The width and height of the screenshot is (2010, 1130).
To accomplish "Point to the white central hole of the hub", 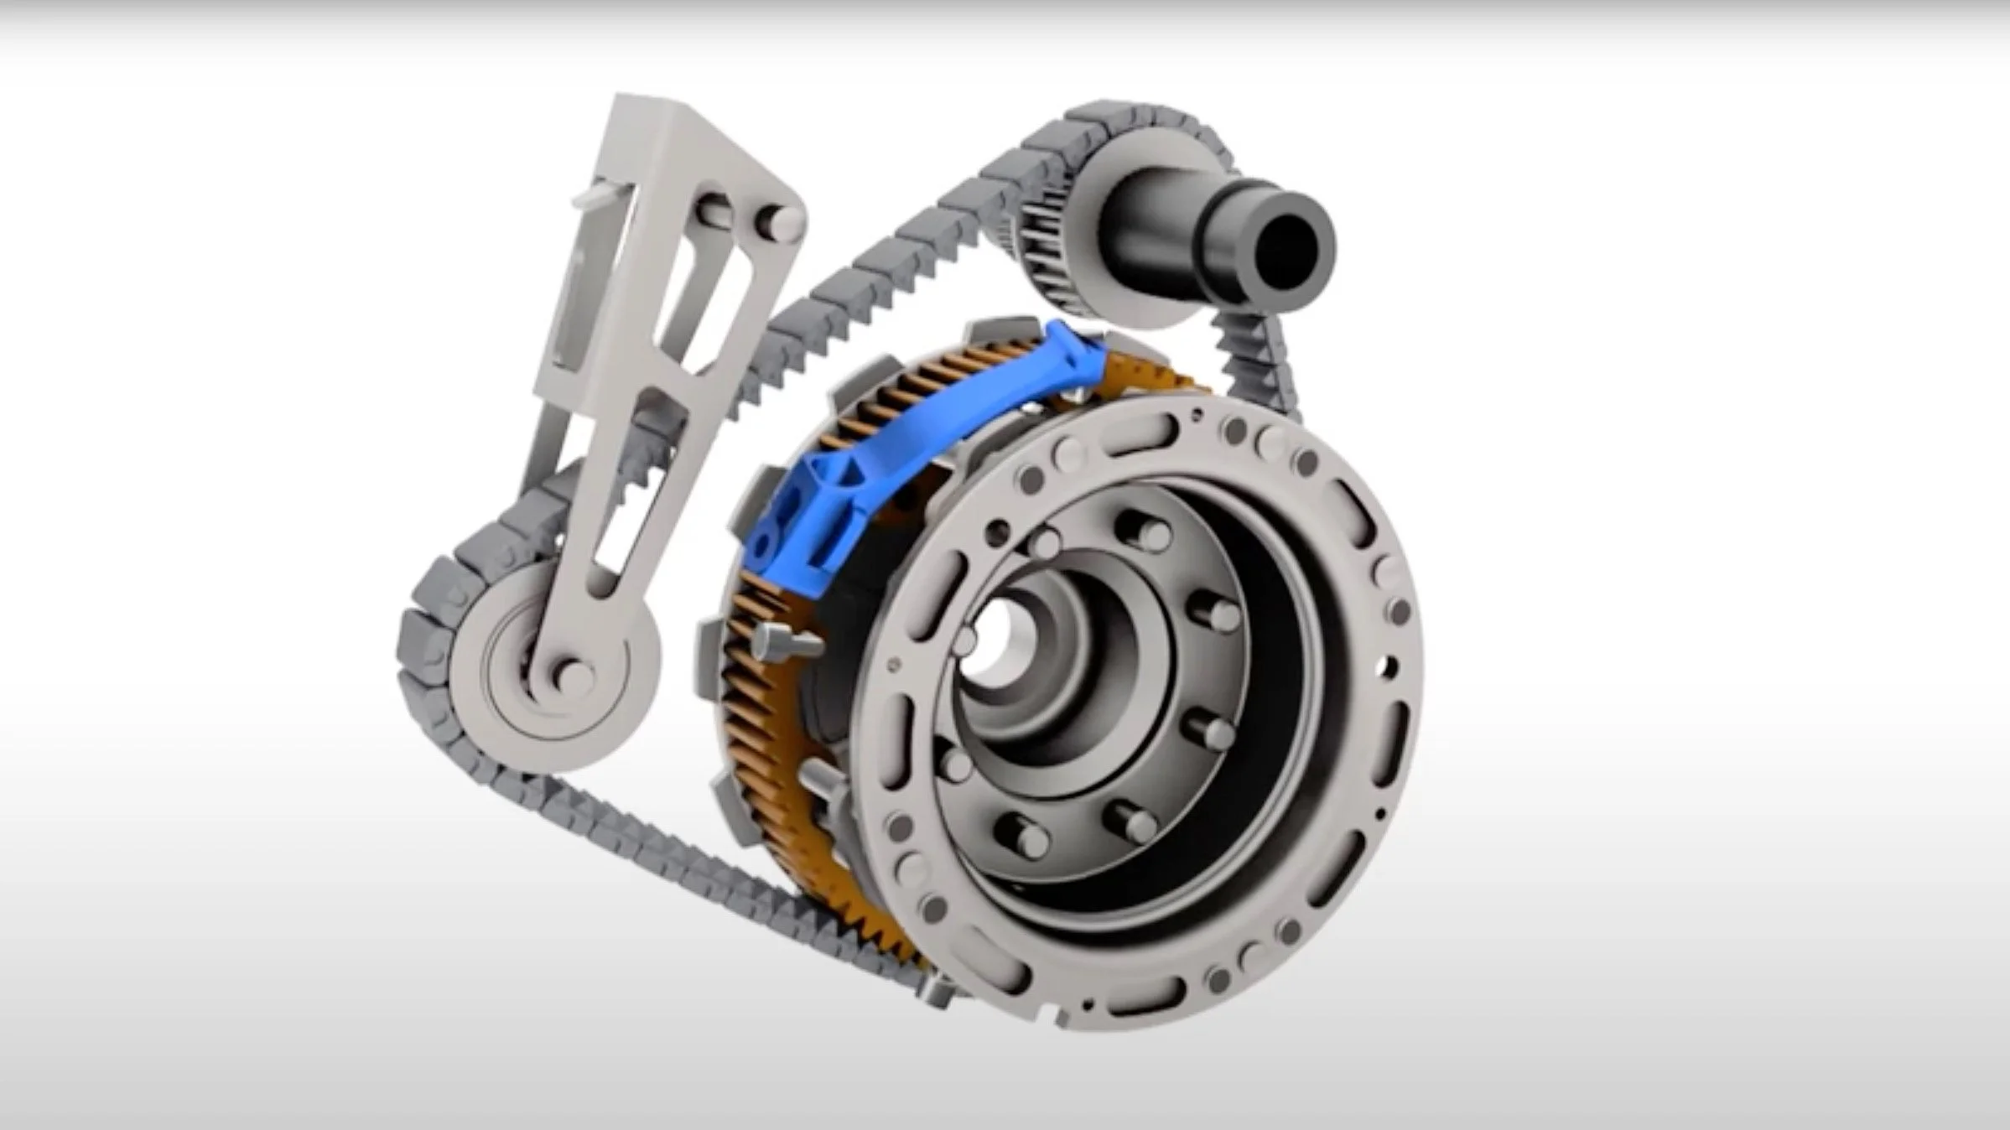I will pyautogui.click(x=994, y=645).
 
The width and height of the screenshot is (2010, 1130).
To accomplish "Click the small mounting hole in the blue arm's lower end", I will pyautogui.click(x=761, y=549).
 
